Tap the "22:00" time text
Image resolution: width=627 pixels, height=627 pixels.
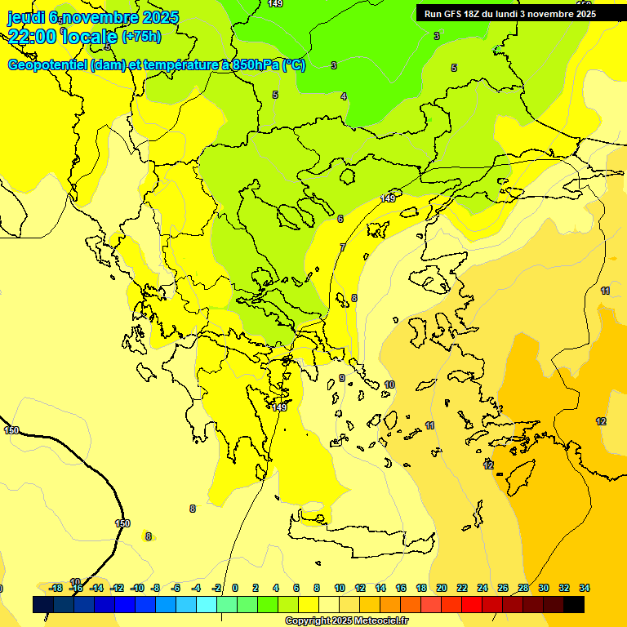(x=31, y=35)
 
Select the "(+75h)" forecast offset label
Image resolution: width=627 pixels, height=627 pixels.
(x=141, y=36)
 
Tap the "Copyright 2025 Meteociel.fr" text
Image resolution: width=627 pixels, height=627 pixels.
(x=346, y=620)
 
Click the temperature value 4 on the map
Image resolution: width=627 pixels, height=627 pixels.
(x=344, y=96)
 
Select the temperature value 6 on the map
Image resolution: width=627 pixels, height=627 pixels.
(x=340, y=219)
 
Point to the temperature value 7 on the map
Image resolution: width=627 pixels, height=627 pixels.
(x=343, y=247)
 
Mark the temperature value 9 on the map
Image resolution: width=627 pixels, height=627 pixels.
(x=342, y=378)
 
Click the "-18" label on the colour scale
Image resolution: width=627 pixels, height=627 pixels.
(x=56, y=588)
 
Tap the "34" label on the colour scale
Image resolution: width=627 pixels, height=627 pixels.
(x=585, y=588)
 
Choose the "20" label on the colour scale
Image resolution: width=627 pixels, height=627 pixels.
(x=442, y=588)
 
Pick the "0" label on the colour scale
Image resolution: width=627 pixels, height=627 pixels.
(x=235, y=588)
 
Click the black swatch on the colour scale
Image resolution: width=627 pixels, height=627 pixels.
(x=574, y=604)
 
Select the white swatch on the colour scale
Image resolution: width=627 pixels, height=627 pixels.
(x=329, y=604)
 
